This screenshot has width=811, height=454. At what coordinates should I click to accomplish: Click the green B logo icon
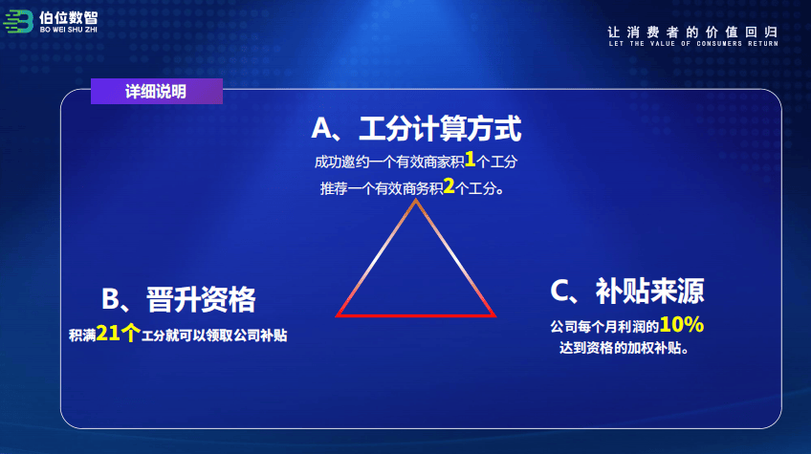coord(18,22)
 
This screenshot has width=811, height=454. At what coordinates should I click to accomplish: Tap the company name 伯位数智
coord(68,17)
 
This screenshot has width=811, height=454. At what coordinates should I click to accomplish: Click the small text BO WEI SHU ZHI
coord(68,30)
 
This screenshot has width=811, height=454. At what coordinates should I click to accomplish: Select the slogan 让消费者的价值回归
coord(692,32)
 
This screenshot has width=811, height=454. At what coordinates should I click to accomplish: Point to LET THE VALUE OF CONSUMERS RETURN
coord(693,44)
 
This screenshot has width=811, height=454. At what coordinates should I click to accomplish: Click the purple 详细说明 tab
coord(157,92)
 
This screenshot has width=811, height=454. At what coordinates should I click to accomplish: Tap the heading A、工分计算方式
coord(416,129)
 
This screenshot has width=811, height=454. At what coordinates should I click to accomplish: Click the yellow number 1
coord(470,160)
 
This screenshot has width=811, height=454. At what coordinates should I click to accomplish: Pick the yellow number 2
coord(449,186)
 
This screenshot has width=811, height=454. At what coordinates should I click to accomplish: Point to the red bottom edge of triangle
coord(416,314)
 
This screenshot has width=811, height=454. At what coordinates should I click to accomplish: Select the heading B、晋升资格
coord(179,299)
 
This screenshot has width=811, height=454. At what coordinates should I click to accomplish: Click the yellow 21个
coord(118,333)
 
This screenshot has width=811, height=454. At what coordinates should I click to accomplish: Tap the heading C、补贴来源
coord(627,291)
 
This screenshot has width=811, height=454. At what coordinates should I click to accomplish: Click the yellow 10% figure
coord(682,325)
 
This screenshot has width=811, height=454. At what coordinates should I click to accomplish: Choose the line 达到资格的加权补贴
coord(624,348)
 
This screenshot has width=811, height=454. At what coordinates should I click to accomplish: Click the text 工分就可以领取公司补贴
coord(214,335)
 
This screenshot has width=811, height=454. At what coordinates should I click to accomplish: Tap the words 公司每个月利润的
coord(604,326)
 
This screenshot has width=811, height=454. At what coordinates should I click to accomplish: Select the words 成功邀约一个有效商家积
coord(389,162)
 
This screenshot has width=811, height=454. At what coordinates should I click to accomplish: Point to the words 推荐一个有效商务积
coord(382,188)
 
